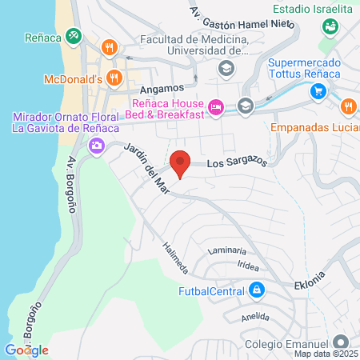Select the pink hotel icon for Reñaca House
click(214, 106)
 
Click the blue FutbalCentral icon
click(255, 290)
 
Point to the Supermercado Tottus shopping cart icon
click(318, 90)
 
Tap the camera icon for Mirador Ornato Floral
click(97, 146)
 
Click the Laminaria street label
click(225, 251)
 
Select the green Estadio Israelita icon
click(330, 26)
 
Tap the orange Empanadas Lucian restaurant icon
click(348, 106)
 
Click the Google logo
click(26, 350)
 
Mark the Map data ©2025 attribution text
click(326, 353)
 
